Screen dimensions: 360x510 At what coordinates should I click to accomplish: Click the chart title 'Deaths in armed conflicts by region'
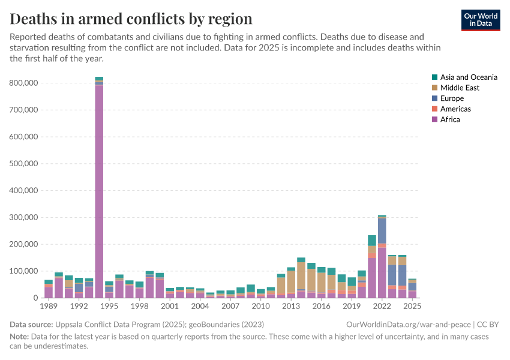[x=131, y=18]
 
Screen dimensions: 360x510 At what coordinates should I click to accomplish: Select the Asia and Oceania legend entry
[x=468, y=77]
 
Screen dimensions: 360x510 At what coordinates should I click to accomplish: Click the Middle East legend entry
[x=460, y=88]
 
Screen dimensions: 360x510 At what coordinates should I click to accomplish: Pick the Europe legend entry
[x=452, y=98]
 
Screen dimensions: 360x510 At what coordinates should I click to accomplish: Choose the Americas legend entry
[x=455, y=109]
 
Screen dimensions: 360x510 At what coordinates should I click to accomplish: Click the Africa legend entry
[x=450, y=119]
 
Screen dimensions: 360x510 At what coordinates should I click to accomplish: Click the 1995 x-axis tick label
[x=109, y=307]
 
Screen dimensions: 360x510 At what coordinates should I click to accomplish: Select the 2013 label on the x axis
[x=291, y=307]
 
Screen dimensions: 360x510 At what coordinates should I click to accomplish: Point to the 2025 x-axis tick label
[x=412, y=307]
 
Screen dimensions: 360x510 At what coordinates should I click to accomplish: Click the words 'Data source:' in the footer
[x=32, y=324]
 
